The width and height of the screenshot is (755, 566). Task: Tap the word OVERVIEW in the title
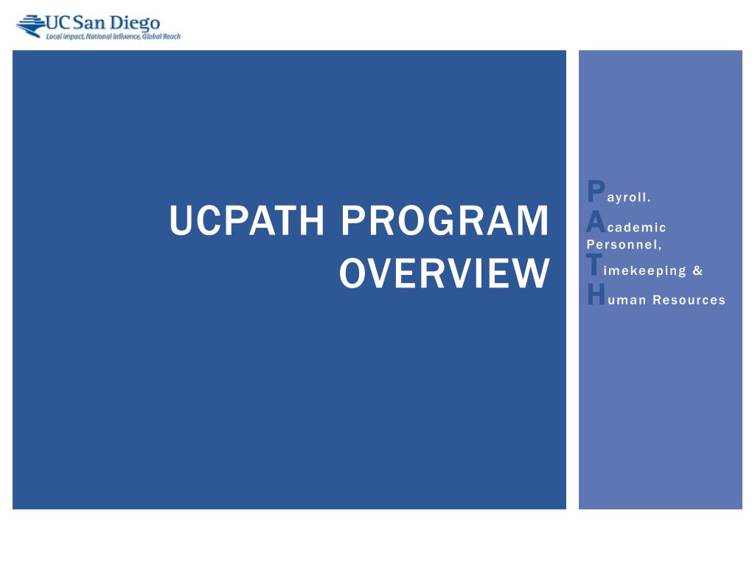445,273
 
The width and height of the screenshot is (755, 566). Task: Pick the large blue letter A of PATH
596,221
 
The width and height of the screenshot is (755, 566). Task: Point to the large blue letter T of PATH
594,265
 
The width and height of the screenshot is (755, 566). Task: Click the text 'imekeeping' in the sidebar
640,270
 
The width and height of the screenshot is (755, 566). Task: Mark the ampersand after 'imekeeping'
697,270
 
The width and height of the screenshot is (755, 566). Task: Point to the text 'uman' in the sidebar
626,300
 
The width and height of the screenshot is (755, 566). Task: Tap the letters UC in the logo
58,21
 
